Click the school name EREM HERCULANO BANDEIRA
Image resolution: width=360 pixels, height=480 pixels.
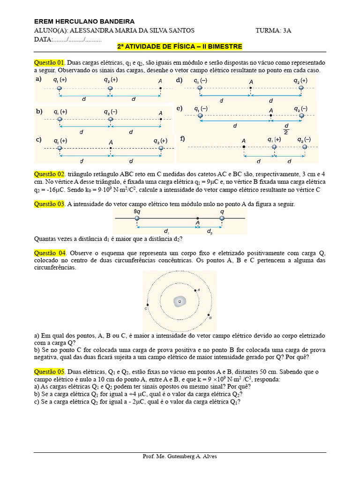coord(84,22)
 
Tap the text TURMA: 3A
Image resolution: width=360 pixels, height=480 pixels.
coord(273,30)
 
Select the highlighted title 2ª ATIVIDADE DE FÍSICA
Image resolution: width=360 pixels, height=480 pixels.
coord(180,46)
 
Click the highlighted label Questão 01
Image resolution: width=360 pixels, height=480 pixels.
coord(49,62)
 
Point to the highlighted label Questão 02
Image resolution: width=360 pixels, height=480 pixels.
coord(49,174)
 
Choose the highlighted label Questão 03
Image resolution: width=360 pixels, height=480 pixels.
coord(49,204)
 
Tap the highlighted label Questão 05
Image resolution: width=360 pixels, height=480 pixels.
coord(49,372)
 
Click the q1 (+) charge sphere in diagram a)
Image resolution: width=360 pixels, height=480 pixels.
coord(59,88)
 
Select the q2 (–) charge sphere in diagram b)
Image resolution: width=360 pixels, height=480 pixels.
coord(111,120)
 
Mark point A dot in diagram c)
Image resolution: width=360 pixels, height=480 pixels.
coord(111,148)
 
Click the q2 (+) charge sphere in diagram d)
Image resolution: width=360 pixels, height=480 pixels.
coord(301,88)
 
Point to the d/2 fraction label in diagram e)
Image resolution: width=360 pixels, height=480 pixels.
coord(286,128)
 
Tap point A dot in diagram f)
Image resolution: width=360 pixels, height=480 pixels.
coord(244,147)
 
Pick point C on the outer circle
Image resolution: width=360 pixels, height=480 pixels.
coord(148,302)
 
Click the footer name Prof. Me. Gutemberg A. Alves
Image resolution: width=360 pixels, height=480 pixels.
coord(180,457)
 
